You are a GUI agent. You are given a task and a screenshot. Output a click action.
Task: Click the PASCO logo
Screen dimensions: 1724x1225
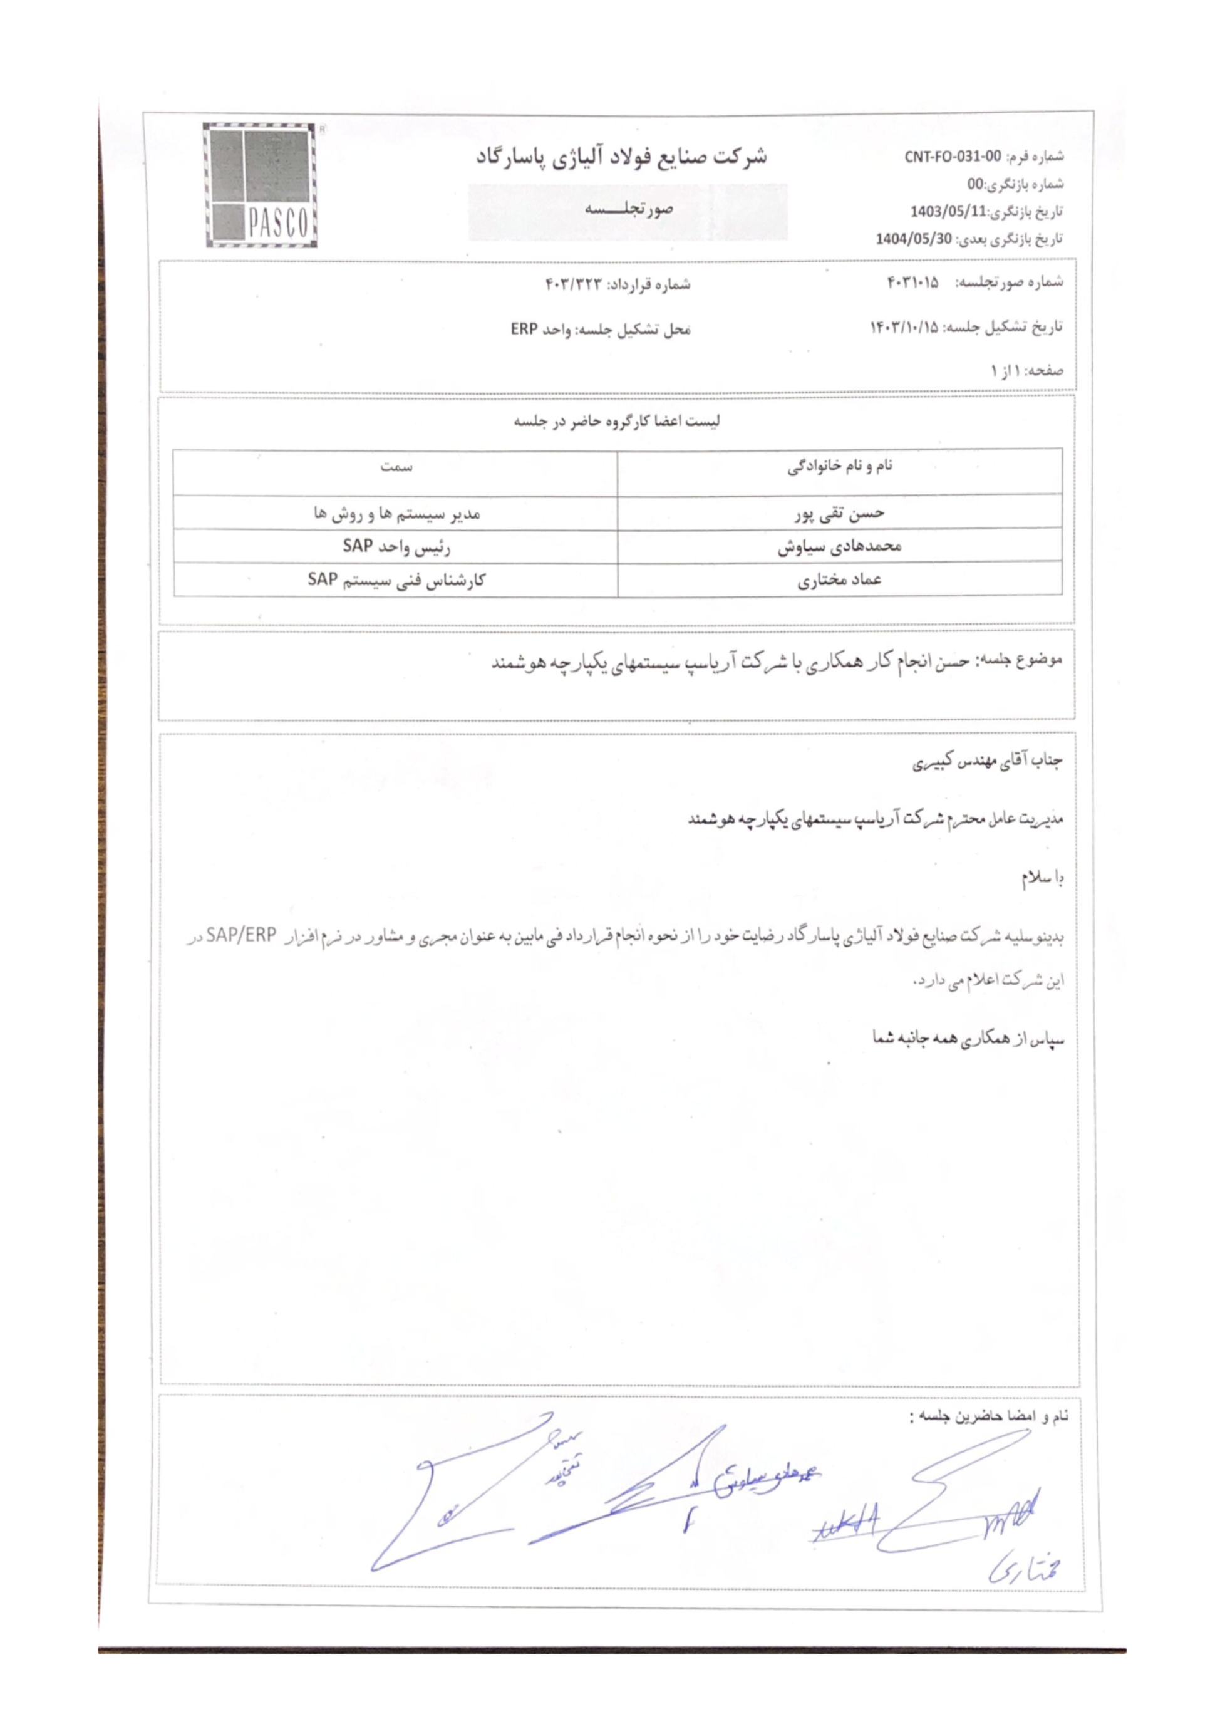coord(261,185)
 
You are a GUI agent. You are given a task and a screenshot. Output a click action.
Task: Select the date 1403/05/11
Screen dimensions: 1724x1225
coord(948,212)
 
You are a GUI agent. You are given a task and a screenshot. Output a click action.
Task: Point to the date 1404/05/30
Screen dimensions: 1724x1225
coord(914,239)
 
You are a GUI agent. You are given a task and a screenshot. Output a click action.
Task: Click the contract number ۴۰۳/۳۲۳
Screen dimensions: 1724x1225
coord(575,284)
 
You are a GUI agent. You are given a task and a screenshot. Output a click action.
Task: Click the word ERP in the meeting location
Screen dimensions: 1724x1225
coord(524,330)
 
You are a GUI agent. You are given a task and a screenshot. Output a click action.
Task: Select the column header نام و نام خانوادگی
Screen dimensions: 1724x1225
coord(840,466)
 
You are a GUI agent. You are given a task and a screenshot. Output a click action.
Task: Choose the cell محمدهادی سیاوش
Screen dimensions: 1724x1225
coord(840,546)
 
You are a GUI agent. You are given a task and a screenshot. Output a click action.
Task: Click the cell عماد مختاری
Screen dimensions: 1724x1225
coord(840,580)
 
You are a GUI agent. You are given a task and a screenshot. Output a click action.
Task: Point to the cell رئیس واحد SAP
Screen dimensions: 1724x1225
coord(396,546)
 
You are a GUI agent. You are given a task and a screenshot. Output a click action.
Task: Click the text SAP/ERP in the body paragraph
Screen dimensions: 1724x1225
coord(241,935)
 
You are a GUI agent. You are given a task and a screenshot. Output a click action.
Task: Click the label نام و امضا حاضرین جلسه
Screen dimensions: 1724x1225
coord(988,1416)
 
